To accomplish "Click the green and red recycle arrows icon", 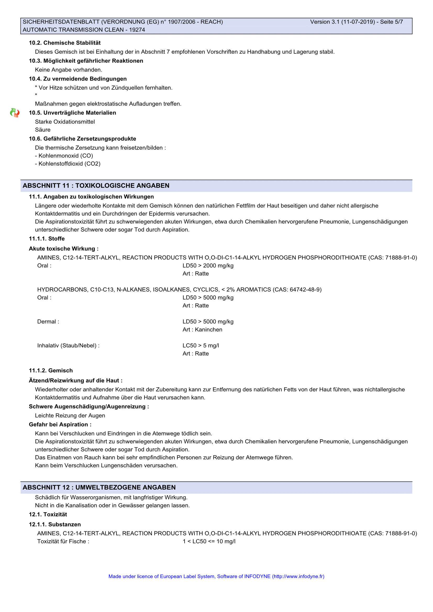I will tap(15, 113).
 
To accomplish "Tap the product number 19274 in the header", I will tap(137, 30).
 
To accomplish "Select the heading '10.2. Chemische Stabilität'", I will tap(65, 43).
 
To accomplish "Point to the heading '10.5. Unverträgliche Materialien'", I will tap(73, 113).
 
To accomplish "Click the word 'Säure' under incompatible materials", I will tap(43, 130).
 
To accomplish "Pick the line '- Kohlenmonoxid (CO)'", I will tap(64, 156).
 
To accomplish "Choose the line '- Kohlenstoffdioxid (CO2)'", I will tap(68, 164).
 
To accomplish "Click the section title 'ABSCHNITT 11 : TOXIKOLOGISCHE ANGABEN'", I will tap(96, 186).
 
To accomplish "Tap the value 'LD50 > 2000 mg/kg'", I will tap(208, 266).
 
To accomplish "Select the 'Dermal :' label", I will tap(48, 322).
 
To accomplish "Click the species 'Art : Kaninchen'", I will tap(202, 330).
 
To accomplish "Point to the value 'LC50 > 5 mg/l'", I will tap(201, 346).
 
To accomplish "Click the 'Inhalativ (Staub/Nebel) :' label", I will tap(69, 346).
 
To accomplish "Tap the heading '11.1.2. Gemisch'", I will tap(51, 370).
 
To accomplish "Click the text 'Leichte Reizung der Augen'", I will tap(70, 416).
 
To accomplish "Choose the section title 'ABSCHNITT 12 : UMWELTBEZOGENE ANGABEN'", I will tap(99, 487).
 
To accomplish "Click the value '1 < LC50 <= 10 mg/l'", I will tap(209, 541).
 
